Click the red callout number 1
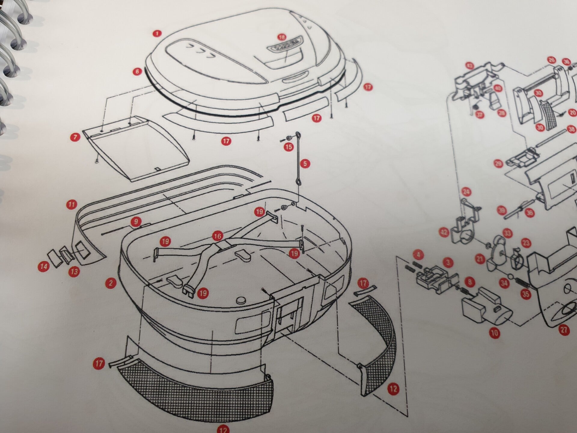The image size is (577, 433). (157, 33)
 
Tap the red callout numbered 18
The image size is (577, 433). (282, 37)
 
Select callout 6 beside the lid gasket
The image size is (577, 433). (138, 72)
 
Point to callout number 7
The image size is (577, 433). (75, 137)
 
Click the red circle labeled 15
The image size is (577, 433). (288, 147)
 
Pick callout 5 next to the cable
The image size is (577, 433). (305, 164)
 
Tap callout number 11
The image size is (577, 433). (71, 205)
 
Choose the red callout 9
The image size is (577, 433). (136, 222)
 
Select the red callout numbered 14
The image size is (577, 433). (44, 266)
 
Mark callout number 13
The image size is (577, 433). (74, 272)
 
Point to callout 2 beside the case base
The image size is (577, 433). (111, 282)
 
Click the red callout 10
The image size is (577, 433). (494, 333)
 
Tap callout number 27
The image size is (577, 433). (564, 330)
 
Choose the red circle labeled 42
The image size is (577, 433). (444, 232)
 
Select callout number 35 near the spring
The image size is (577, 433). (526, 294)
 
